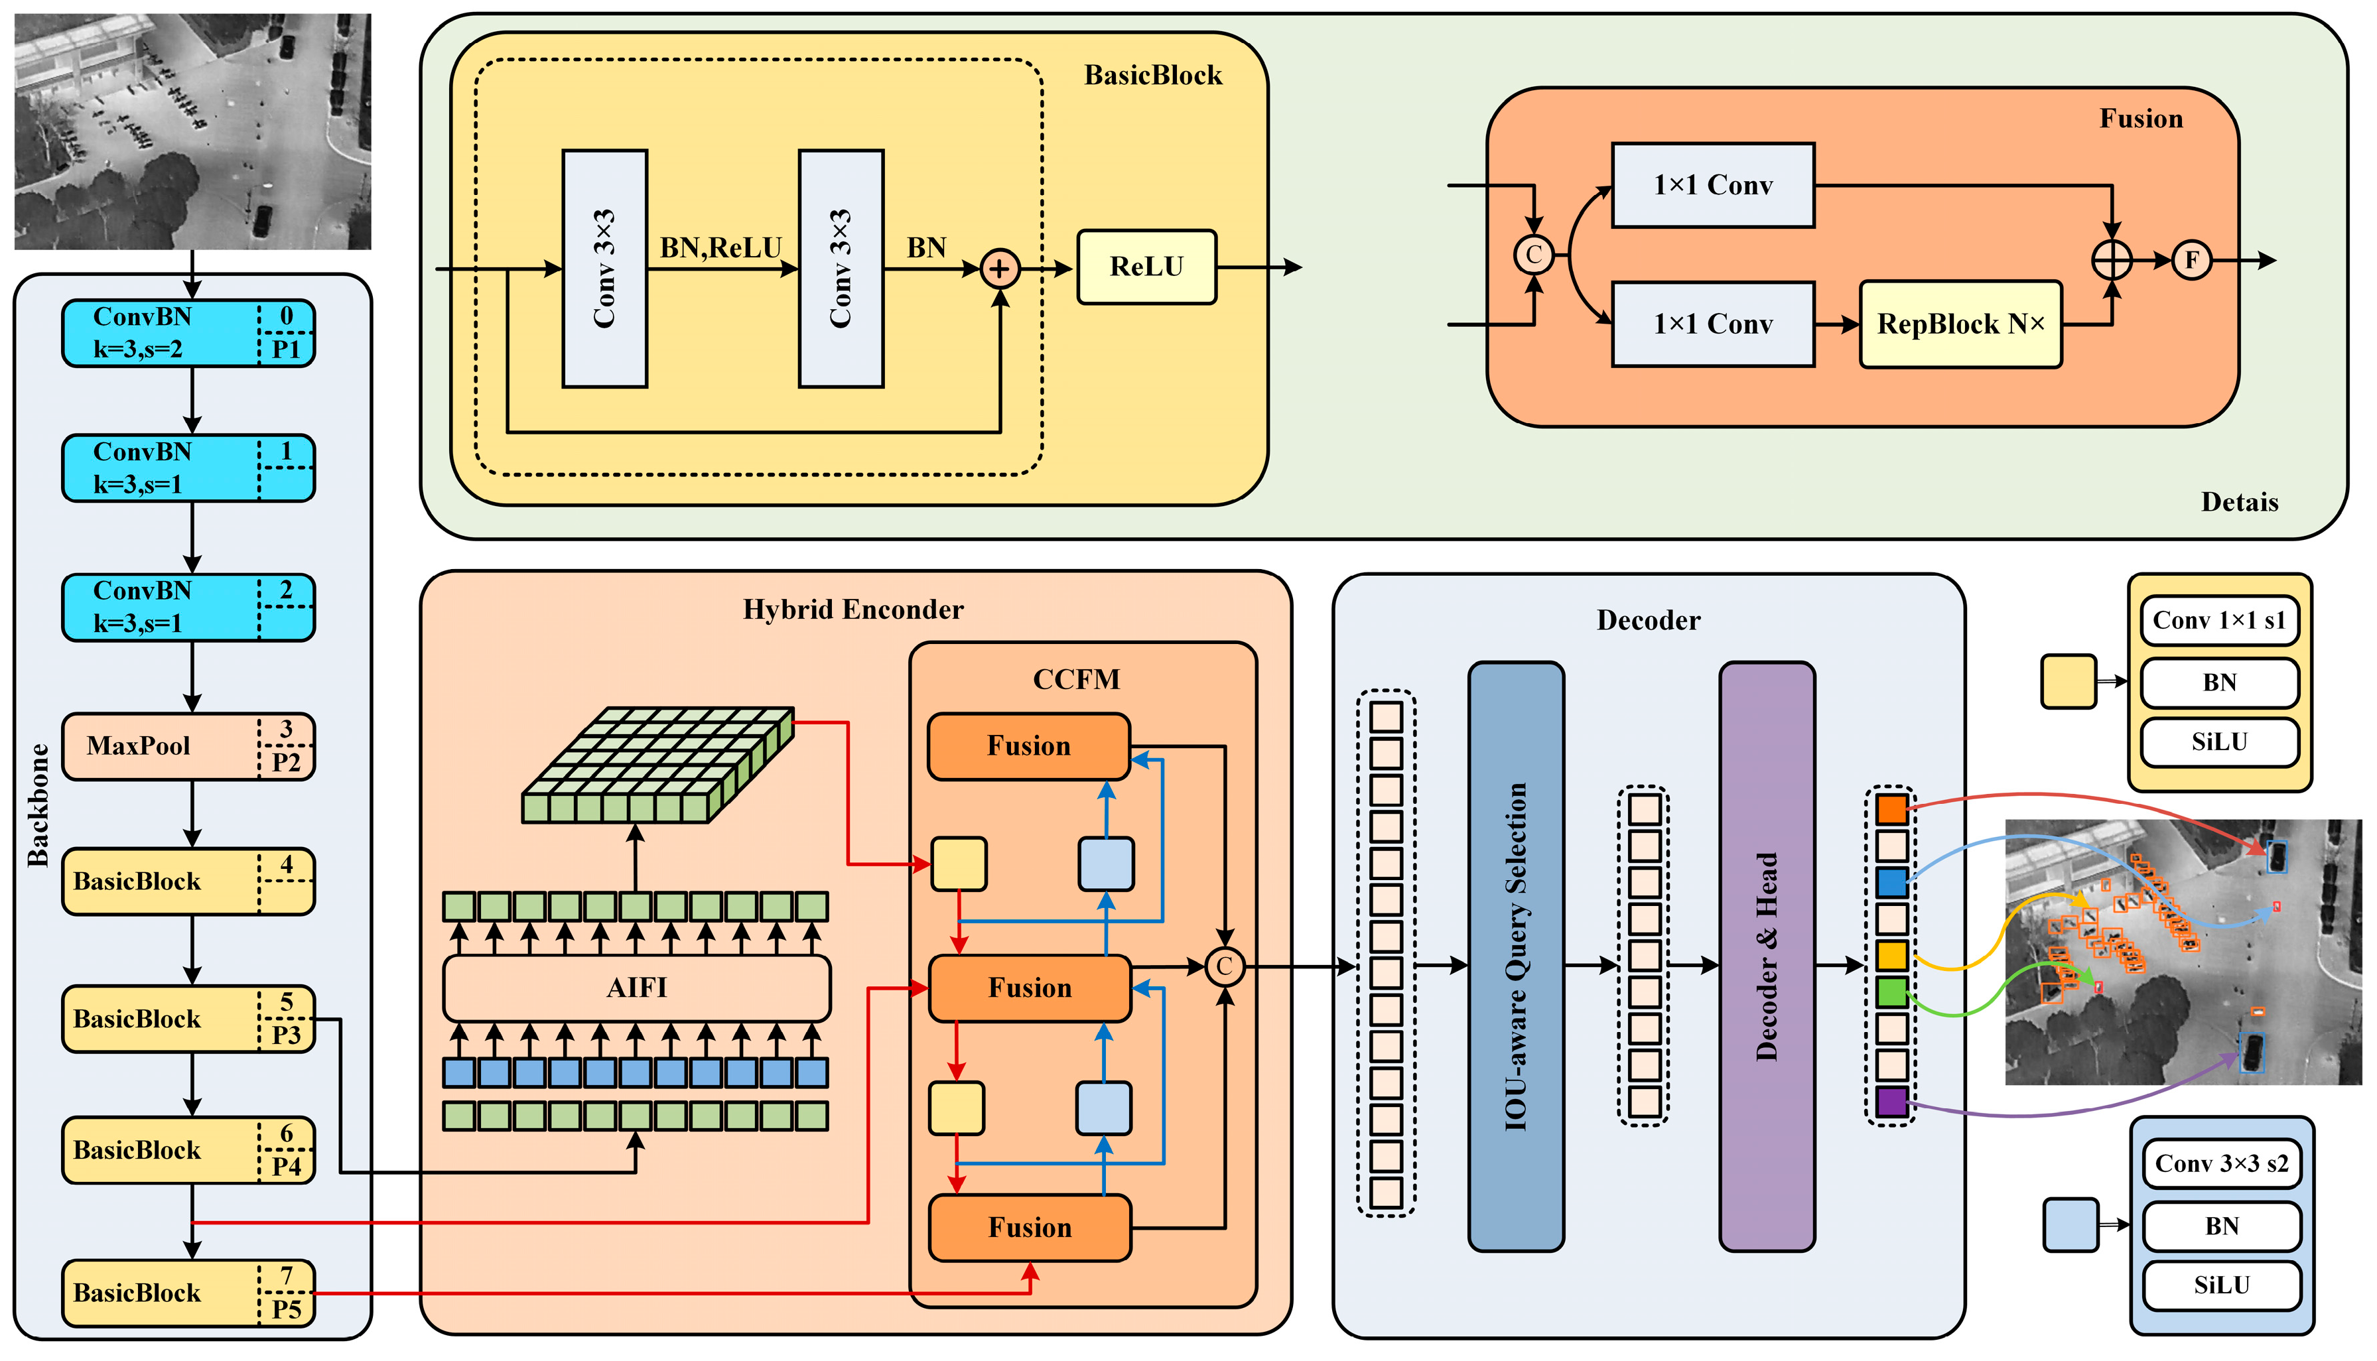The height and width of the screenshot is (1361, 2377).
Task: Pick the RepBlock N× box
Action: click(x=1960, y=324)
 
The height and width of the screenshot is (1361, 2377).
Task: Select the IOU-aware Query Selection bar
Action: click(x=1515, y=956)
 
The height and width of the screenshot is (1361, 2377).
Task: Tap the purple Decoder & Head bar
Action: click(x=1767, y=956)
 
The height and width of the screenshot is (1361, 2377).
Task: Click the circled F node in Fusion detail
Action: click(x=2191, y=260)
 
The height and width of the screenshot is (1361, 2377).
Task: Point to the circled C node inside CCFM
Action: click(x=1225, y=966)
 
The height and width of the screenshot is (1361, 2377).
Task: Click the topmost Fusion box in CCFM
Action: click(x=1028, y=746)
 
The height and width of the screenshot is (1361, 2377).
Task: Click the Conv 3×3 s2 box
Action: click(x=2221, y=1164)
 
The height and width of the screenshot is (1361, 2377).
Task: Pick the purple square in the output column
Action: click(x=1892, y=1102)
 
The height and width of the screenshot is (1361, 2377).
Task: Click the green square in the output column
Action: click(x=1892, y=992)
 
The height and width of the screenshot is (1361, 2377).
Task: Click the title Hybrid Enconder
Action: click(x=852, y=610)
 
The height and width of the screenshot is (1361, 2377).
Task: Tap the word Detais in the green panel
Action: click(x=2240, y=502)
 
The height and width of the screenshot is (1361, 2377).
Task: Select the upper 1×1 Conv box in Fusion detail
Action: click(x=1712, y=185)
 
